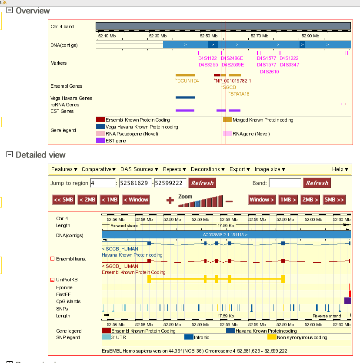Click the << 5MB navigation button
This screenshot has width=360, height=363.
63,200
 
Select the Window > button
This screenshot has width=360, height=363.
262,200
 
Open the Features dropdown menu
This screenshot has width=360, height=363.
64,169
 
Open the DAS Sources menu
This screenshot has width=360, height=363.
140,169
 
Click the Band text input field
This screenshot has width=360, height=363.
285,183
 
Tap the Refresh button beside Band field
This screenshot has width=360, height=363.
317,183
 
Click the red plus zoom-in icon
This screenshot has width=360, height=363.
170,200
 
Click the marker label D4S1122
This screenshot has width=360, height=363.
207,58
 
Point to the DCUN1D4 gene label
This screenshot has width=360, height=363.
188,81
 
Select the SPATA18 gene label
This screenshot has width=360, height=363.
240,94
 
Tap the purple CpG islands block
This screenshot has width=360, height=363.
347,300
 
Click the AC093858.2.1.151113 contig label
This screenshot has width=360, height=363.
225,235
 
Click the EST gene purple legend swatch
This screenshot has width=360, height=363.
100,140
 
